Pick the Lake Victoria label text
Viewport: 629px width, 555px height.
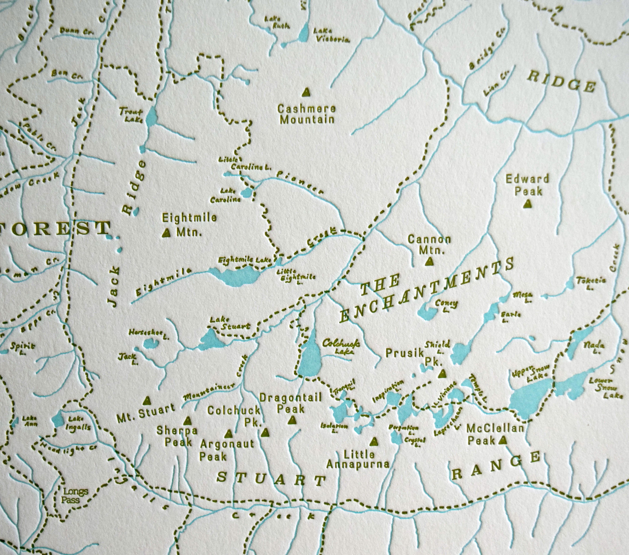pyautogui.click(x=331, y=35)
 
